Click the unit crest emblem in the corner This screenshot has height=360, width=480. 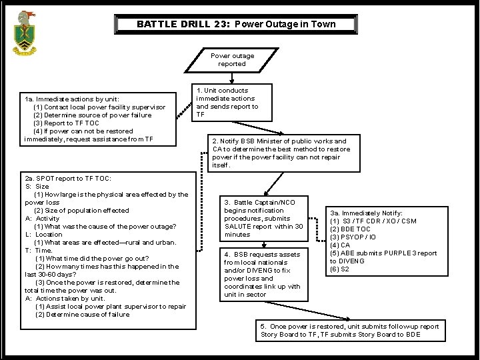click(26, 35)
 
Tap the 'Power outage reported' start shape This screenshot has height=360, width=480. click(232, 60)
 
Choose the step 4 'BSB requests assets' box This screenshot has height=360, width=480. click(263, 274)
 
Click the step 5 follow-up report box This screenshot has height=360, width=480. click(349, 330)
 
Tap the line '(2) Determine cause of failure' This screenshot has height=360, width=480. click(82, 315)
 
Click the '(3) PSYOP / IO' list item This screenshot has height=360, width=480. click(354, 237)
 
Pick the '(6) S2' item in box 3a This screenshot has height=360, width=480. click(340, 269)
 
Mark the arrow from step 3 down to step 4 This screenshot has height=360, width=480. click(264, 244)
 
